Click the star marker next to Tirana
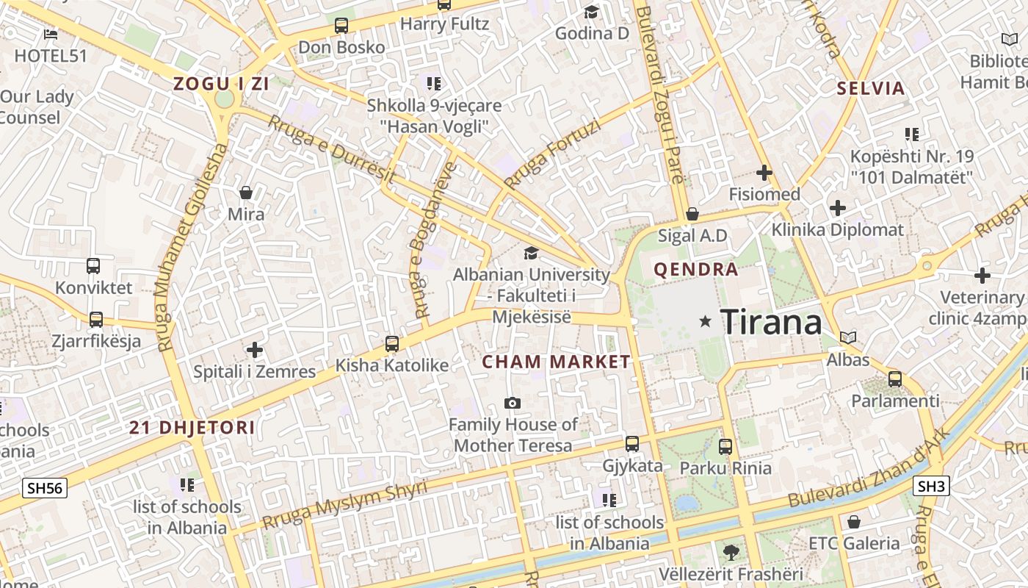click(706, 321)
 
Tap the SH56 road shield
click(44, 488)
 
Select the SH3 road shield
click(932, 486)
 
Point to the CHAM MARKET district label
click(556, 362)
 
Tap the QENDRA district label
click(696, 270)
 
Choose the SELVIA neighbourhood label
click(872, 89)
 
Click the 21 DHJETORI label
click(192, 428)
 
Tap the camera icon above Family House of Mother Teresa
click(513, 403)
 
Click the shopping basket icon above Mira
click(246, 193)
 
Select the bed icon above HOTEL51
click(51, 34)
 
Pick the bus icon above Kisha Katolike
click(392, 343)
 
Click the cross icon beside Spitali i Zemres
click(255, 350)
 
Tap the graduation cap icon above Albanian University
click(530, 254)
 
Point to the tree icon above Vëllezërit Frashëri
click(730, 552)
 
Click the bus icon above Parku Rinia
click(725, 446)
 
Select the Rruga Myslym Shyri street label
click(344, 504)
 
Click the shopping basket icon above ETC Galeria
click(853, 522)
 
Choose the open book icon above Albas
click(848, 338)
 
